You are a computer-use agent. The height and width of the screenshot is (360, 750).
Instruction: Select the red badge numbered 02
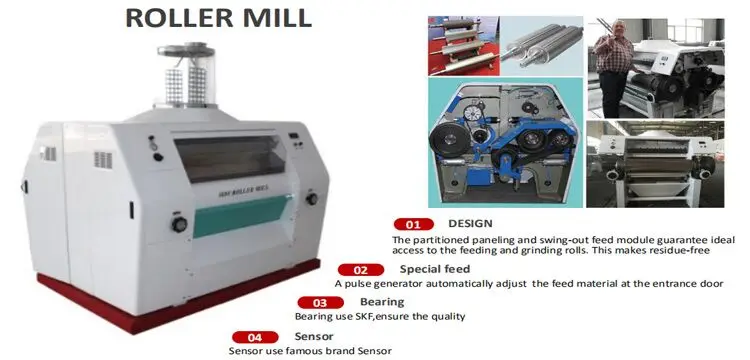[362, 269]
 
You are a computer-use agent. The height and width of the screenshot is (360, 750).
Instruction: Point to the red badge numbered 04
[254, 336]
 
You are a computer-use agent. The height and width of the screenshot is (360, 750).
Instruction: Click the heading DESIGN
[470, 223]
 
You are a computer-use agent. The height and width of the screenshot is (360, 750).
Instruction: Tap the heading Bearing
[382, 301]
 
